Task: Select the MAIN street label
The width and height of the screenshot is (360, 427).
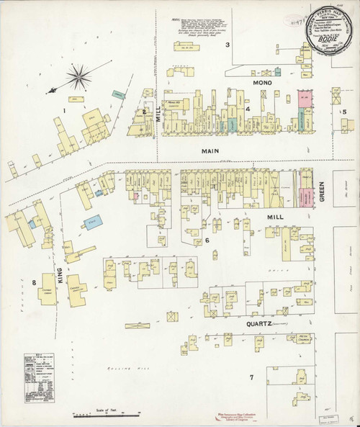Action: pos(210,151)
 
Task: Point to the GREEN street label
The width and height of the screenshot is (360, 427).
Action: pos(322,192)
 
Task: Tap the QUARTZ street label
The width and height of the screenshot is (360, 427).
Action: pos(250,325)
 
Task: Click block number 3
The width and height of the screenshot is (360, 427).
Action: pos(228,45)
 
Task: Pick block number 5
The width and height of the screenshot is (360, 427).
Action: pos(344,111)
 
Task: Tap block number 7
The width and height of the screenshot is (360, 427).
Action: pos(251,377)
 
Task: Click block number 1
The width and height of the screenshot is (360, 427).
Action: pos(64,110)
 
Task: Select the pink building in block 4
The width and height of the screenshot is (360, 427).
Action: pos(302,100)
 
